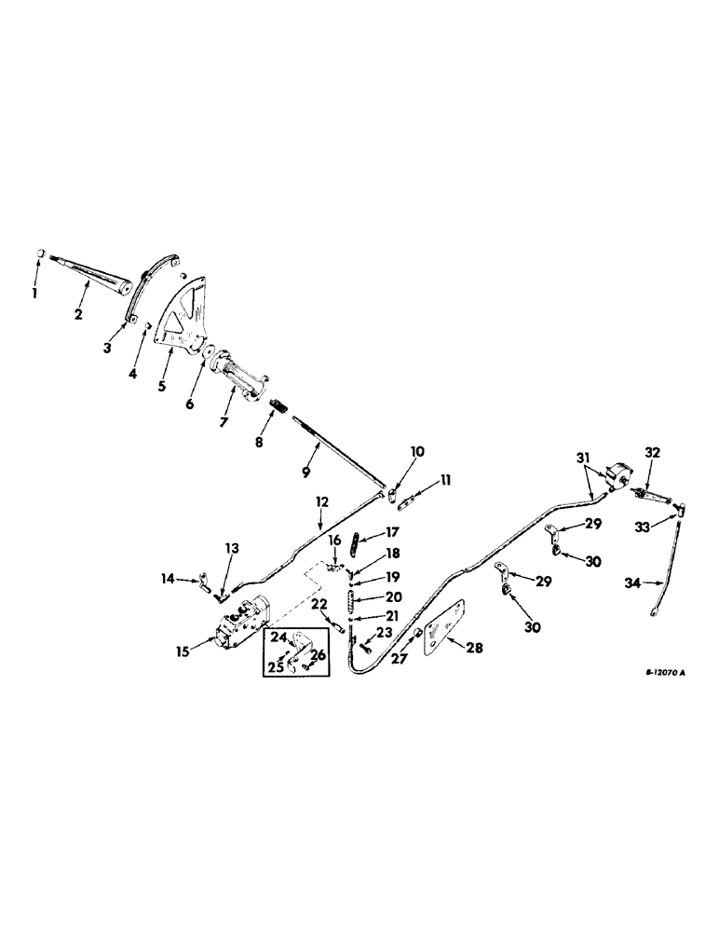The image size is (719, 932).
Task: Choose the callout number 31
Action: (x=582, y=457)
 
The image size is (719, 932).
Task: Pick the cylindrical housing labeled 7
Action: (x=239, y=381)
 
